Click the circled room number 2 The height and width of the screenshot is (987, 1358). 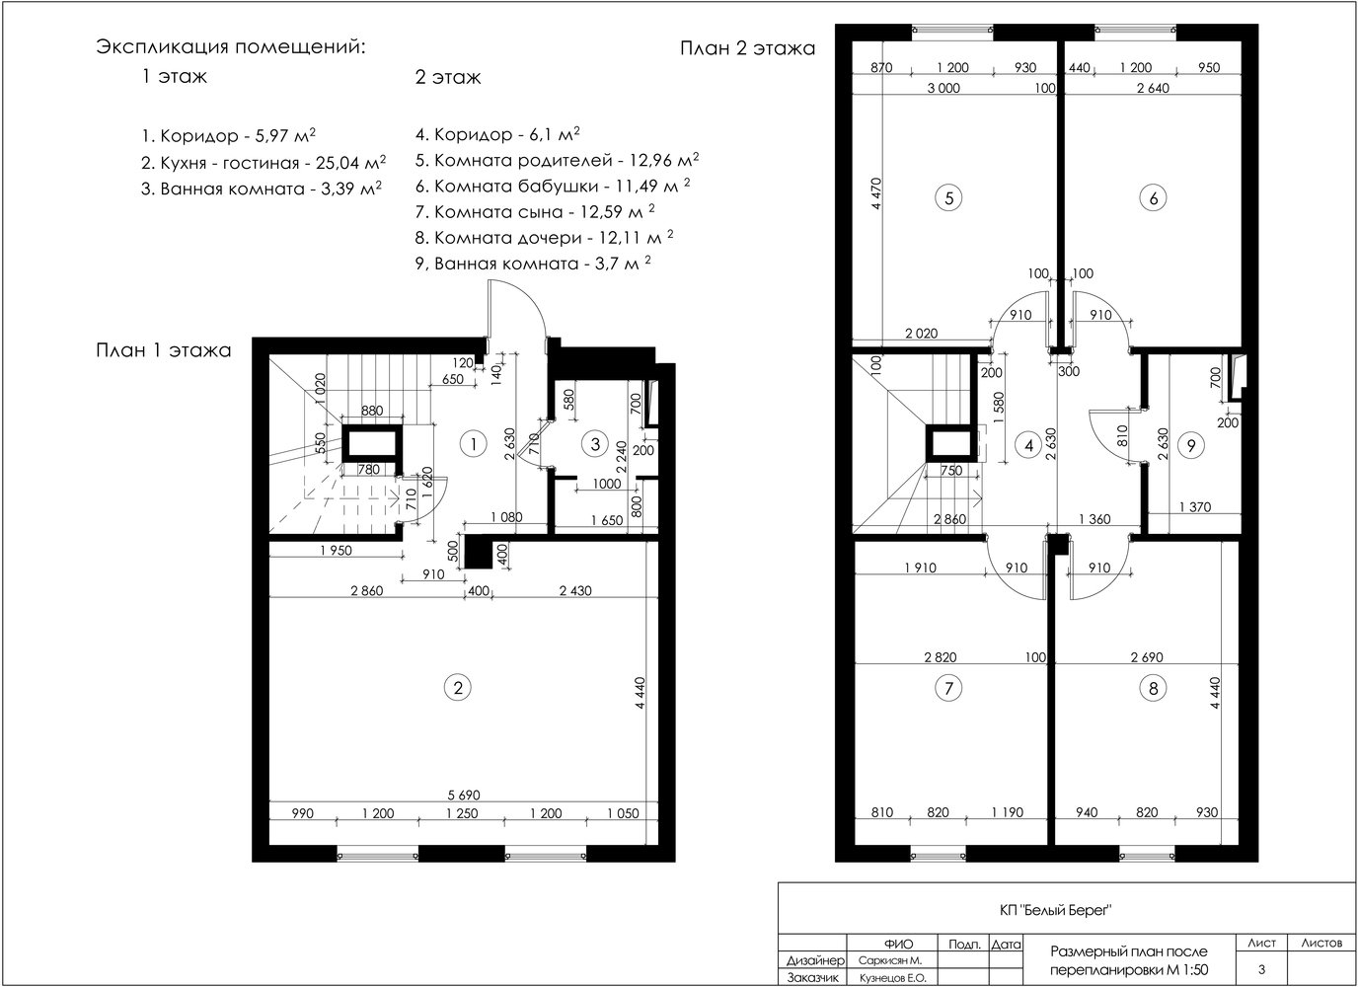tap(458, 688)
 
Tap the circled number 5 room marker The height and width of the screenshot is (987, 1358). tap(948, 198)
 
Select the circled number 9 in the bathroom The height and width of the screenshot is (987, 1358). tap(1191, 445)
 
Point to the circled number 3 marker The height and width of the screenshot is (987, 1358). tap(595, 444)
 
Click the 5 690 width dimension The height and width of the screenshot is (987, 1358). tap(464, 795)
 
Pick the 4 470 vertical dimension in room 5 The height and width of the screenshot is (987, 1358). tap(876, 194)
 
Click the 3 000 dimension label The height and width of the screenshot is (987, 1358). tap(943, 88)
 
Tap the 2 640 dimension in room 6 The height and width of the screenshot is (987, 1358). tap(1153, 88)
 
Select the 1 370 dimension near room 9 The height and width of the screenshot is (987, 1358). tap(1195, 507)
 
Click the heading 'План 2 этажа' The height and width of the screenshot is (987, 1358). tap(747, 48)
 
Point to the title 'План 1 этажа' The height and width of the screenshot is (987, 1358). tap(164, 350)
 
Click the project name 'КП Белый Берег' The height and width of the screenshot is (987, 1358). tap(1055, 910)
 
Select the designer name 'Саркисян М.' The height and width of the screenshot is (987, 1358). tap(890, 961)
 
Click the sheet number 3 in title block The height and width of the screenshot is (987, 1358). tap(1261, 969)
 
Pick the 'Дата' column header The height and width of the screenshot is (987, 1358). tap(1007, 945)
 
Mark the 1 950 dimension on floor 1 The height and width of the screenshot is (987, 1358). tap(336, 551)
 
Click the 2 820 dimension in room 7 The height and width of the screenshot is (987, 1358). tap(941, 657)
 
